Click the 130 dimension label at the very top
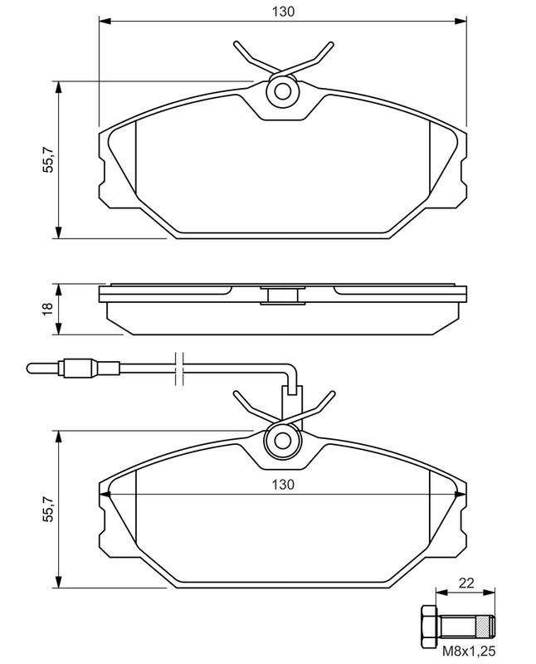point(283,12)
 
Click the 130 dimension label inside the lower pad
point(283,484)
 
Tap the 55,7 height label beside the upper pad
point(49,159)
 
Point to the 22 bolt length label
point(466,583)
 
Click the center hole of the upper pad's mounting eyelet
point(282,91)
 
